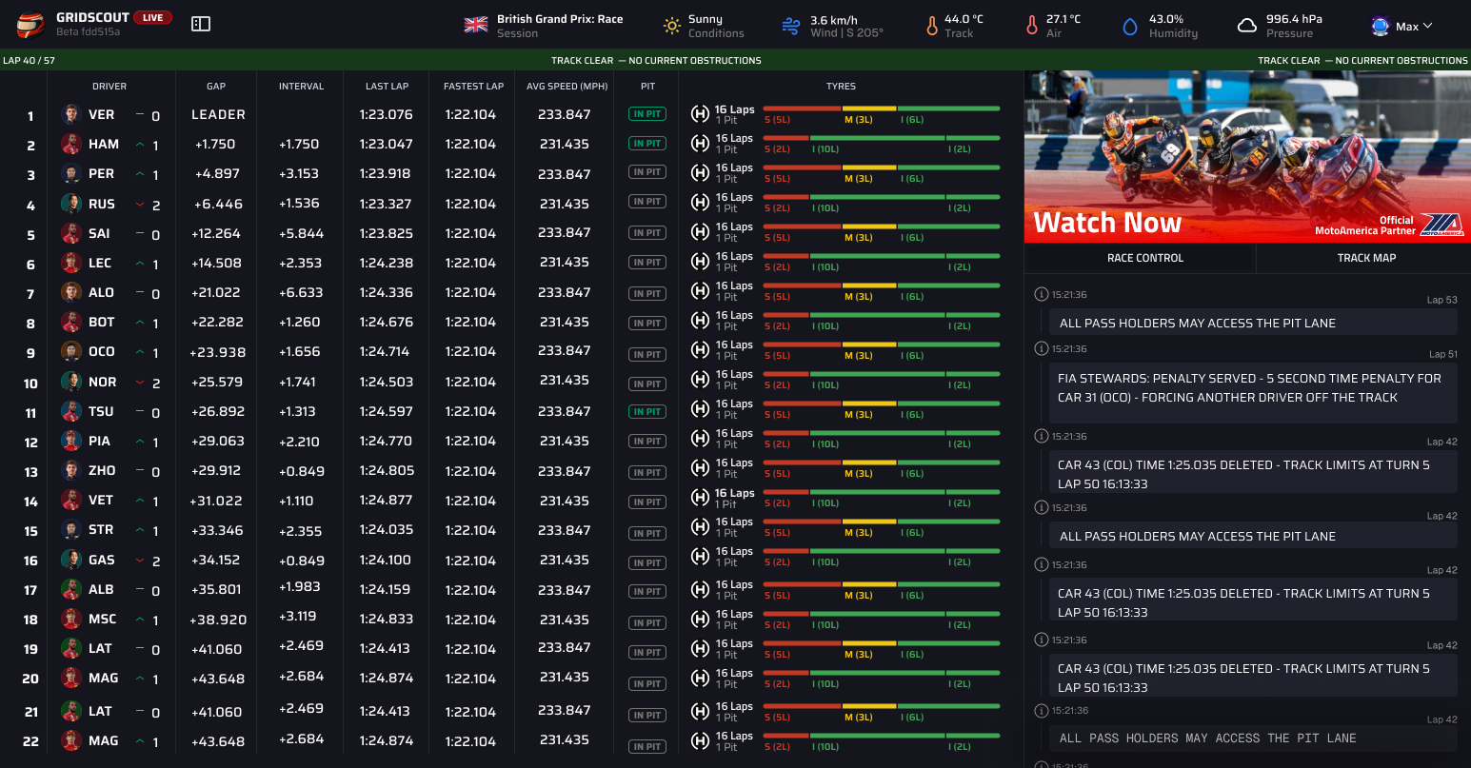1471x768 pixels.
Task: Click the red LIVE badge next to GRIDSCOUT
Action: click(152, 18)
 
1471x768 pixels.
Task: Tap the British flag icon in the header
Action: click(476, 26)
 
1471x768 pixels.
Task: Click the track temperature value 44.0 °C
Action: click(964, 19)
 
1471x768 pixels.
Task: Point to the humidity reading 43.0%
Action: click(1166, 19)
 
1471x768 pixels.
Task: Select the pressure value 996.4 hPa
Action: click(1294, 19)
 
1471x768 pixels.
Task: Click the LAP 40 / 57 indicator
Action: click(29, 60)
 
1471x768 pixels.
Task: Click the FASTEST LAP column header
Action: click(473, 86)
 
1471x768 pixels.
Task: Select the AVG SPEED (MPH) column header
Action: click(567, 86)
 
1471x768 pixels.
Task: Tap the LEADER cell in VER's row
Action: click(218, 114)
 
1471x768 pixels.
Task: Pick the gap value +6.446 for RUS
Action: click(218, 204)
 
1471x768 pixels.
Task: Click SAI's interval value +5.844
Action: click(301, 233)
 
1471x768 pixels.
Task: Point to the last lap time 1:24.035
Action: click(387, 530)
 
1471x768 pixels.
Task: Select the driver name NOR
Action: click(102, 382)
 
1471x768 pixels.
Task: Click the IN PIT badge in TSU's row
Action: click(647, 412)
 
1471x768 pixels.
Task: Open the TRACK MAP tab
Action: click(1366, 258)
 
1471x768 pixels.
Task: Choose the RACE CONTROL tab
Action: click(1144, 258)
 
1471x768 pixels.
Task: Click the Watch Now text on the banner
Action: click(1107, 223)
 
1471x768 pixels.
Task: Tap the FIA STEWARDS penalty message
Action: click(1248, 388)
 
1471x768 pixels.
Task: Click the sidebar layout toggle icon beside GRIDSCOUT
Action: click(201, 24)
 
